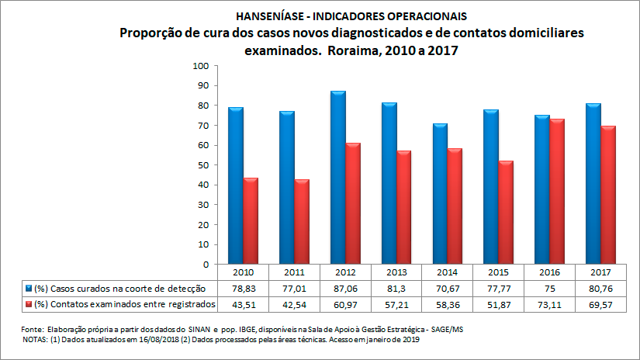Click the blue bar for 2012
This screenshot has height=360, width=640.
(x=338, y=178)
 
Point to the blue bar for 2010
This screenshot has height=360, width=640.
(x=237, y=186)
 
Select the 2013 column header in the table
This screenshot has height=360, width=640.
(x=396, y=272)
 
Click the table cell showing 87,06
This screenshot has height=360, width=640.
(x=346, y=286)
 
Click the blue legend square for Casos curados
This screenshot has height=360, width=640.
(x=29, y=286)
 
